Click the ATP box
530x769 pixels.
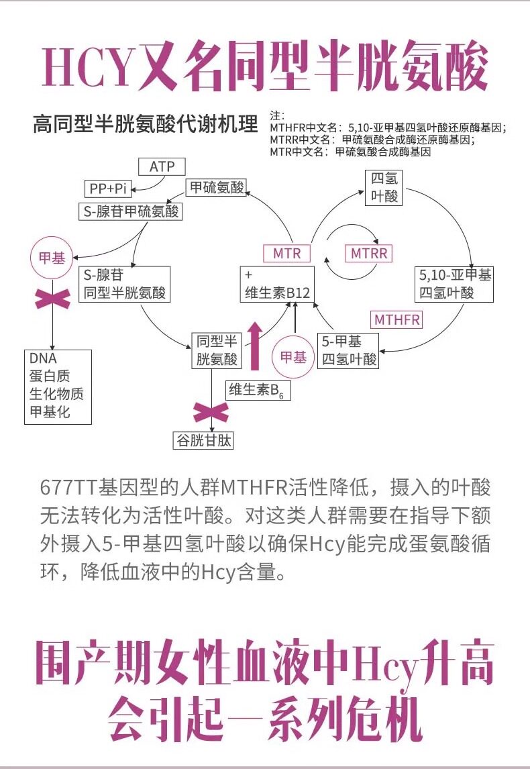tap(162, 166)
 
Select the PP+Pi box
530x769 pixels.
tap(108, 189)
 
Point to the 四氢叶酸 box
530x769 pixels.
tap(384, 187)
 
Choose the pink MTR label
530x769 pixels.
tap(287, 254)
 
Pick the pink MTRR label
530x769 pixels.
tap(370, 254)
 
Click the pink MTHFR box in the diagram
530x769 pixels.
tap(397, 319)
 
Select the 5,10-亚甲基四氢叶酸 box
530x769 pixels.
tap(456, 284)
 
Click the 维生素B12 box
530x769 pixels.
tap(278, 285)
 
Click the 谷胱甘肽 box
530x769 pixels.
tap(204, 440)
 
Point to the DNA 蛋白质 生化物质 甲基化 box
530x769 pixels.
tap(57, 385)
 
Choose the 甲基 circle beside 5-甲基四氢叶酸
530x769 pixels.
tap(293, 358)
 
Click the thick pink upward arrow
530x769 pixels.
tap(254, 346)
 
